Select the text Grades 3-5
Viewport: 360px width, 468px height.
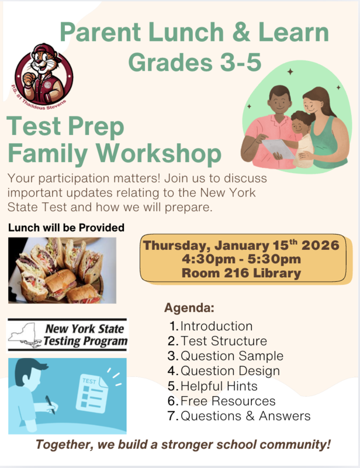click(x=195, y=61)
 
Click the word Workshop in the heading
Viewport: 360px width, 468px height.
click(x=160, y=154)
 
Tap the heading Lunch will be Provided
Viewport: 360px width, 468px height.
click(x=66, y=227)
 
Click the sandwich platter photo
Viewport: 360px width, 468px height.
click(x=62, y=270)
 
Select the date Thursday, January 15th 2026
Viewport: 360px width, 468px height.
click(x=241, y=245)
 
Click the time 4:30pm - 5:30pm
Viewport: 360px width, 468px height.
click(x=241, y=259)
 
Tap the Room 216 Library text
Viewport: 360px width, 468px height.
click(x=241, y=273)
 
